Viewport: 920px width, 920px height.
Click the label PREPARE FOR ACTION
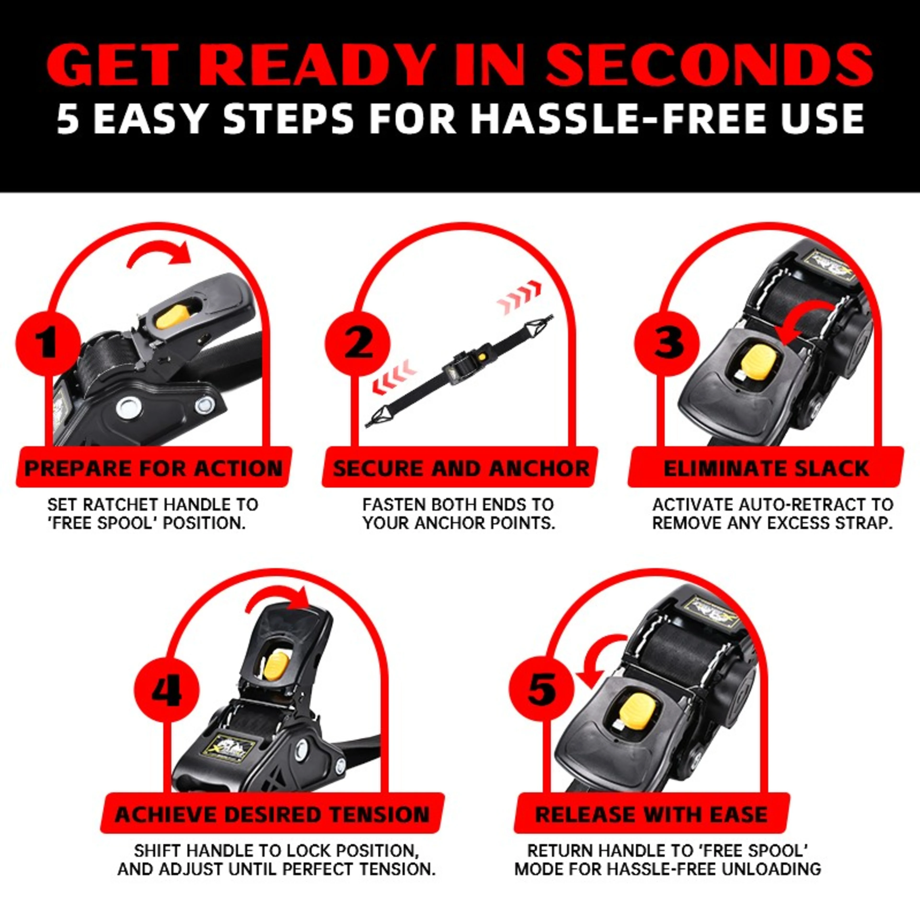(x=153, y=468)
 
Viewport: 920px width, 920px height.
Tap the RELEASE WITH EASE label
(x=651, y=815)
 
